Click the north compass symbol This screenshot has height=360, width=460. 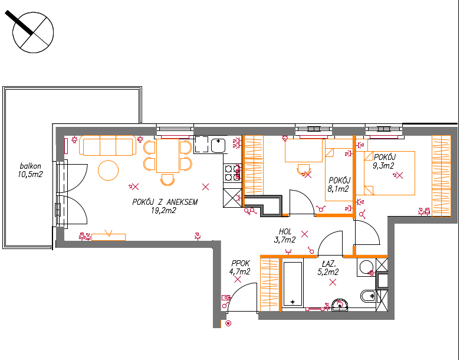coord(33,32)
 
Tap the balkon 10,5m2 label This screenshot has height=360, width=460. coord(30,171)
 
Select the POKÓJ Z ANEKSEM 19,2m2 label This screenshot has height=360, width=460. coord(165,206)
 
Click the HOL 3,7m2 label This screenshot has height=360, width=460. coord(285,236)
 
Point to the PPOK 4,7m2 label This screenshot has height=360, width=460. coord(239,267)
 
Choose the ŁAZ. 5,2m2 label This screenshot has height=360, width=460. coord(328,268)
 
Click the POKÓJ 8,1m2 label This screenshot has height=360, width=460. coord(339,184)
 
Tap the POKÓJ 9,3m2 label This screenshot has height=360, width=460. coord(384,161)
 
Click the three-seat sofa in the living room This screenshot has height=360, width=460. coord(108,145)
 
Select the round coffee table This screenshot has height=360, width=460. coord(109,170)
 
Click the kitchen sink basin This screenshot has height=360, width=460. coord(218,146)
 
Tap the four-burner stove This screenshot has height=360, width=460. coord(232,173)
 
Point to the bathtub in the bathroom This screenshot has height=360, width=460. coord(293,284)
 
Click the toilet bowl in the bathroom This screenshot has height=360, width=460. coord(367,296)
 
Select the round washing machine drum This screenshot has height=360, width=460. coord(366,267)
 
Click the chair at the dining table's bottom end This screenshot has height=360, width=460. coord(167,180)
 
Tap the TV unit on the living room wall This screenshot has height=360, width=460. coord(109,237)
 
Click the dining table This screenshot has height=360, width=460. coord(168,156)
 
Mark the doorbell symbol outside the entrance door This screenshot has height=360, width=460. coord(229,323)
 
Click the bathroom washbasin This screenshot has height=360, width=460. coord(340,305)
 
